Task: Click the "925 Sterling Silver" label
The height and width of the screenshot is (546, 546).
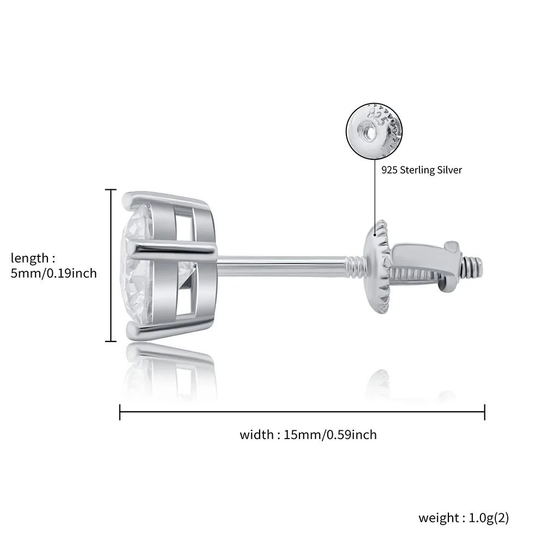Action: tap(422, 170)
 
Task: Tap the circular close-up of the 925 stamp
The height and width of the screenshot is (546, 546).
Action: tap(375, 130)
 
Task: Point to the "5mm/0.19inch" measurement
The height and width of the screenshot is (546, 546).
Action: tap(54, 273)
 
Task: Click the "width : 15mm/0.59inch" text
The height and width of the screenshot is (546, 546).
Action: tap(308, 435)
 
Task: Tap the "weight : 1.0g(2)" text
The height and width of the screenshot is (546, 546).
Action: tap(464, 517)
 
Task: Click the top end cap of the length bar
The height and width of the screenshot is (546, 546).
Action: tap(111, 190)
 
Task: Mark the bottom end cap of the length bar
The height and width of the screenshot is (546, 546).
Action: tap(111, 341)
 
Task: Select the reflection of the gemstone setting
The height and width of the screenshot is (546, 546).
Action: tap(164, 371)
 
